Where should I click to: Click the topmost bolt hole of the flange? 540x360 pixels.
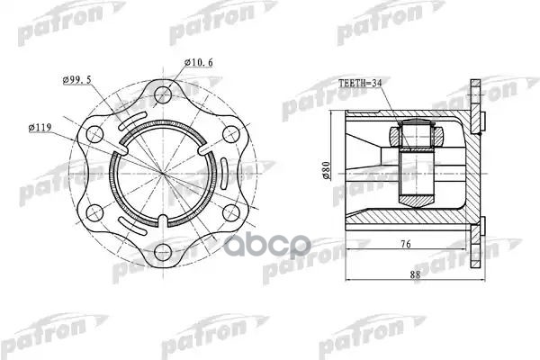pyautogui.click(x=163, y=94)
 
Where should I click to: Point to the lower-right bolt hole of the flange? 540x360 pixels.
pyautogui.click(x=230, y=212)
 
